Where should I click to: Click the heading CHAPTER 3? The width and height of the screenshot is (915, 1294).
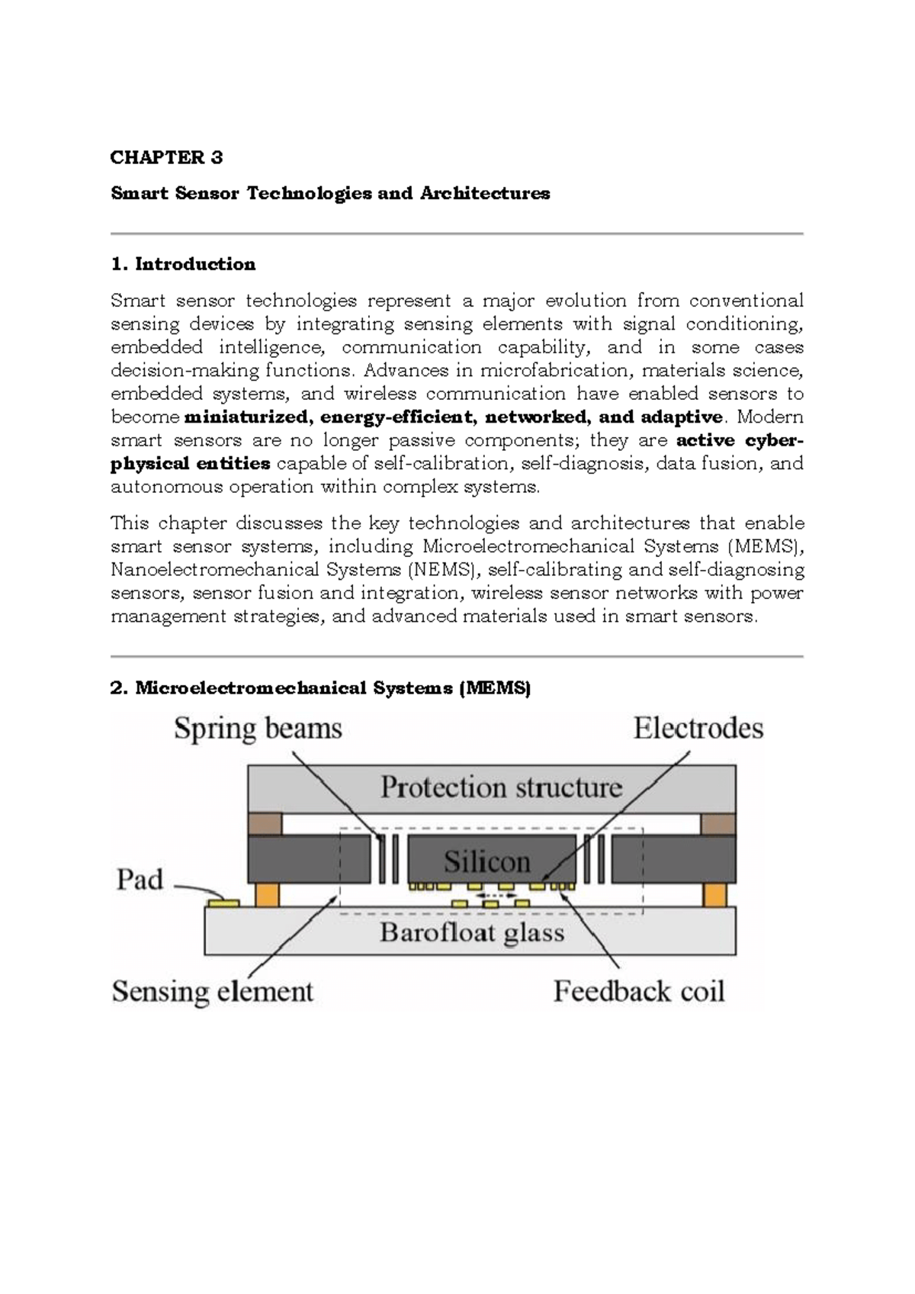tap(166, 158)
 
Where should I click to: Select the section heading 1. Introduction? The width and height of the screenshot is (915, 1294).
tap(183, 264)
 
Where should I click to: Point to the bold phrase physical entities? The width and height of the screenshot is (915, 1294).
tap(191, 464)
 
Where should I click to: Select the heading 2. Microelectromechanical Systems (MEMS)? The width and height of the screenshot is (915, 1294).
tap(320, 688)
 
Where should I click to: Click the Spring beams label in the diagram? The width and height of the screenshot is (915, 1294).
tap(258, 729)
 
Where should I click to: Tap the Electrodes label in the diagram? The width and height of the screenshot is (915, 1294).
tap(698, 729)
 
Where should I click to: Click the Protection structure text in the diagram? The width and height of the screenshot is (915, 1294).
tap(501, 787)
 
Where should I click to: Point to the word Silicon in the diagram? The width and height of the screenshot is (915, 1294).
tap(486, 862)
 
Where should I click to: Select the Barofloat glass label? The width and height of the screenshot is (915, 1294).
tap(472, 932)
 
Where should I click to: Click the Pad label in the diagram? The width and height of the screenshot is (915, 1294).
tap(140, 880)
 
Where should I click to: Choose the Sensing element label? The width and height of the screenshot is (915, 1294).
tap(213, 991)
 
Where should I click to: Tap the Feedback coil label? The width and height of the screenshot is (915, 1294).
tap(638, 991)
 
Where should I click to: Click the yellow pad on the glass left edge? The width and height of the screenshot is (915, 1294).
tap(223, 903)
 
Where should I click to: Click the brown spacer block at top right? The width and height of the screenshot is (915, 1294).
tap(718, 825)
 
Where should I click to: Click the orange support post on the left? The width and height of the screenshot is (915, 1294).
tap(267, 894)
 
